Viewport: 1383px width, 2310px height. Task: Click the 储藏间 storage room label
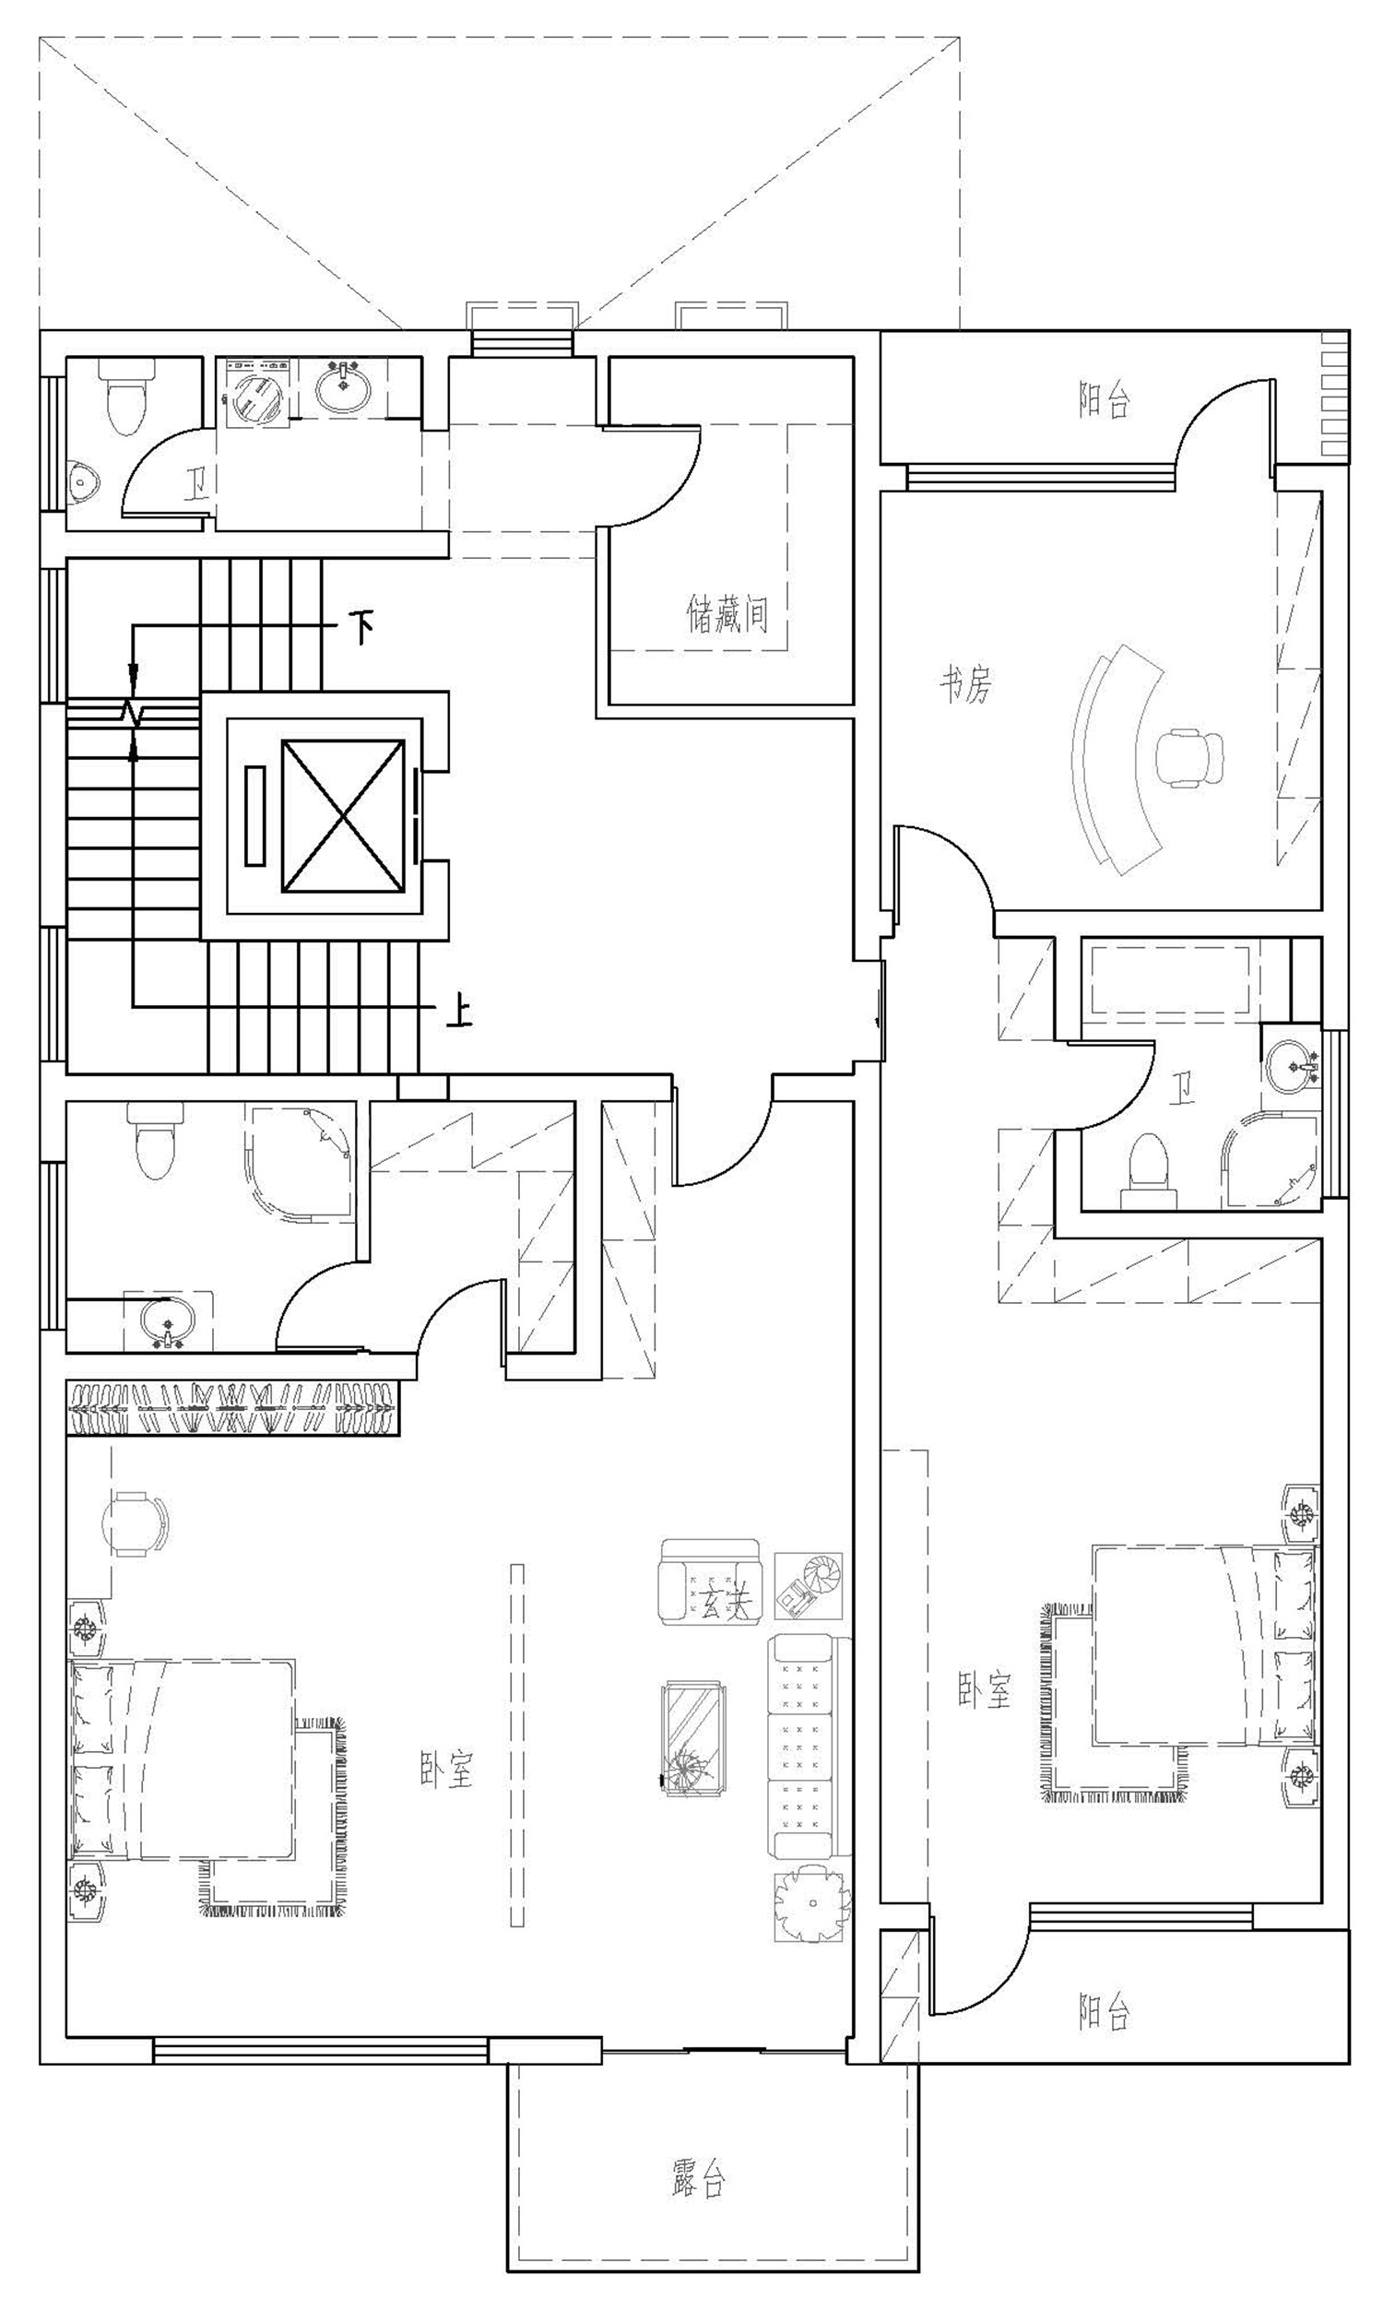tap(727, 615)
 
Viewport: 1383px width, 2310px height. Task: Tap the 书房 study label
tap(964, 685)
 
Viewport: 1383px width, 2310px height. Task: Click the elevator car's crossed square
tap(343, 815)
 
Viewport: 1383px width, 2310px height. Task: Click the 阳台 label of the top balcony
tap(1104, 401)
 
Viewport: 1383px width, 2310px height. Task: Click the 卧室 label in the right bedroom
tap(984, 1689)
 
